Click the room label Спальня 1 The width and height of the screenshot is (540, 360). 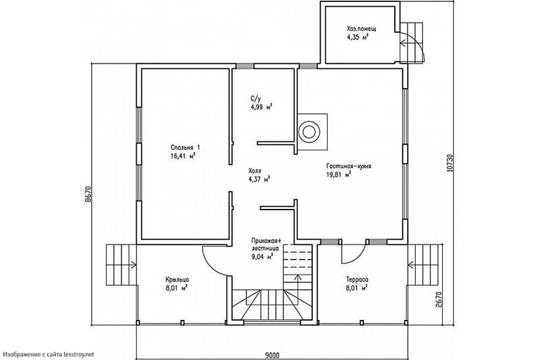(185, 147)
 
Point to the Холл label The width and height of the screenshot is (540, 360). (254, 171)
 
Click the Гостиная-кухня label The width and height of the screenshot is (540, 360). (349, 166)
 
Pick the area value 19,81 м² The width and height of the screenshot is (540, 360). (339, 174)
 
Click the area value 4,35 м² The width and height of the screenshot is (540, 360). (358, 37)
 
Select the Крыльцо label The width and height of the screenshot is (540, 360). (177, 279)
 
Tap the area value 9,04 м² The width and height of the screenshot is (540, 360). (263, 256)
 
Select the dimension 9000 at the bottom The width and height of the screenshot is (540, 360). (272, 355)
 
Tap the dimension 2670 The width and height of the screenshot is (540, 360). (438, 300)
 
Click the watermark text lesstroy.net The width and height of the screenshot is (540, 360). (79, 354)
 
